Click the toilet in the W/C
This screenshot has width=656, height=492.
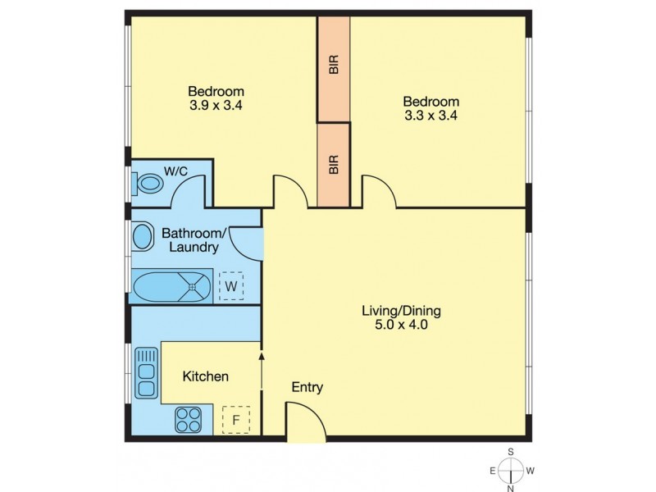[148, 183]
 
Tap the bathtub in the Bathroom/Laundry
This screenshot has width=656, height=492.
[172, 287]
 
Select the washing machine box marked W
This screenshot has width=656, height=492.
[231, 286]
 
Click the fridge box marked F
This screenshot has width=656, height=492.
[236, 421]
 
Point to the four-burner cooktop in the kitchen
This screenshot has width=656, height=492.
[188, 421]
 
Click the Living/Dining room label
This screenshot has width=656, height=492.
[402, 311]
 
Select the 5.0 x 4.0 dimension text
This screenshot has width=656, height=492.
[402, 325]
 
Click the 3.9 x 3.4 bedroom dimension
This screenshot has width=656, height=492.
[216, 105]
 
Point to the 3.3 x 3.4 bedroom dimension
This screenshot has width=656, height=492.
[430, 116]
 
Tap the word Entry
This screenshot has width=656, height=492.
[307, 387]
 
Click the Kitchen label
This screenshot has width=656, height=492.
[205, 376]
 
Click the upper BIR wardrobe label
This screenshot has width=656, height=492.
[334, 65]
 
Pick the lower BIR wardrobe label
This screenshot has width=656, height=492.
[334, 166]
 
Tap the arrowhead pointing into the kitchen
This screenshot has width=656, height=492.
[262, 356]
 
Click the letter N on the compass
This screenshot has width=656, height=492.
[510, 488]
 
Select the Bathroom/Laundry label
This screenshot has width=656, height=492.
[189, 239]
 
